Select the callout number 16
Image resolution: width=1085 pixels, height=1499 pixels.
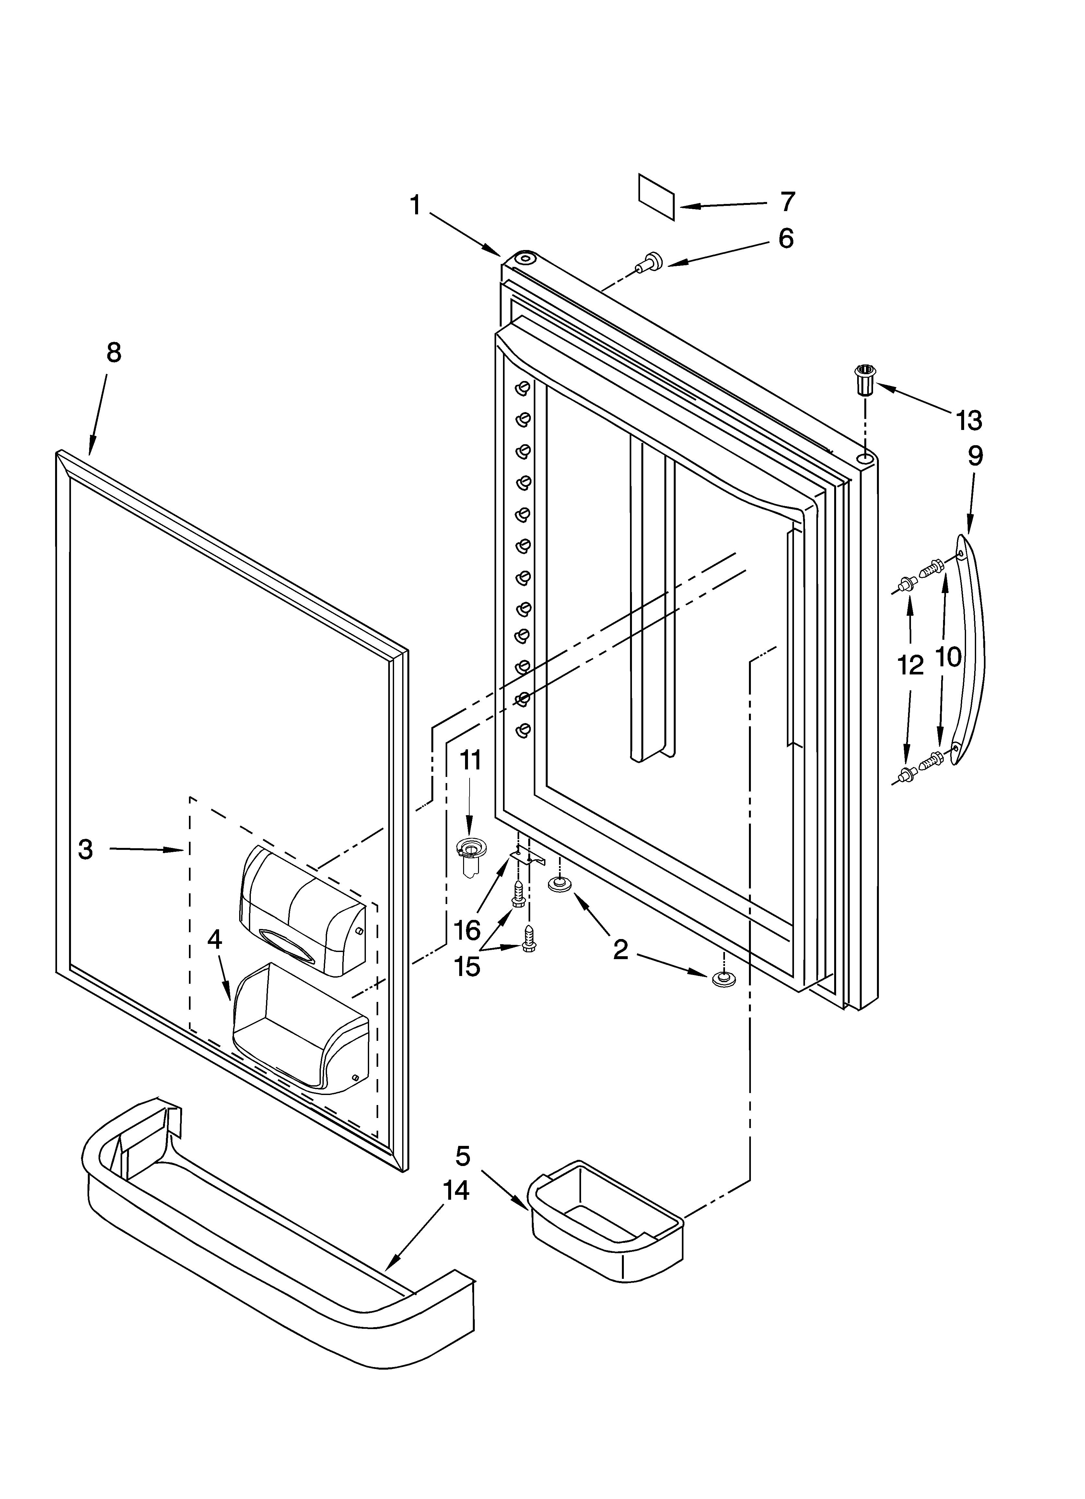click(467, 931)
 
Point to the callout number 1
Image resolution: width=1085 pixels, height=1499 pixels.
click(415, 206)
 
